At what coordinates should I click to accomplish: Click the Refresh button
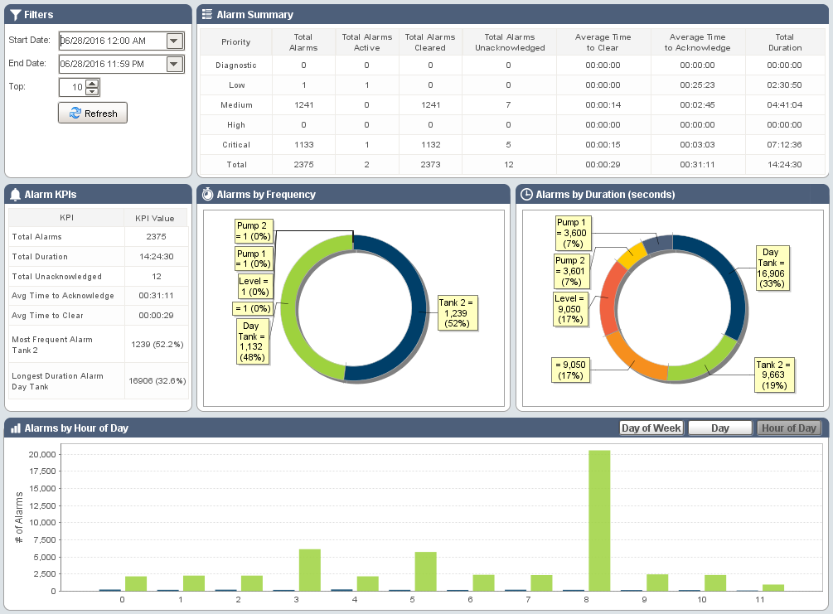point(93,114)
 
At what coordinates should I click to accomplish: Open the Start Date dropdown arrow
point(174,41)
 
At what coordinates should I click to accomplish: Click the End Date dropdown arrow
point(174,64)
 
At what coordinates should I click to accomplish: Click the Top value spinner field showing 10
point(72,87)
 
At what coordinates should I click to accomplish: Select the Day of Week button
point(651,428)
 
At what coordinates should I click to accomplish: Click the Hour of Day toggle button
point(789,428)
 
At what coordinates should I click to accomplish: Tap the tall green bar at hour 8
point(599,520)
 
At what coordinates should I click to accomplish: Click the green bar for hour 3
point(309,569)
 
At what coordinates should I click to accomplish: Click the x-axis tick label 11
point(762,599)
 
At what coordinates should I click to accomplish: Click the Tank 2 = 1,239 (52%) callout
point(458,313)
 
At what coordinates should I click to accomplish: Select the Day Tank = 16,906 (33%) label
point(771,268)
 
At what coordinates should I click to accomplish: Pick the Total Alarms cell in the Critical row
point(303,145)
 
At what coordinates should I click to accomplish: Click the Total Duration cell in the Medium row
point(784,105)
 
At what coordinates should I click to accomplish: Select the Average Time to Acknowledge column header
point(697,42)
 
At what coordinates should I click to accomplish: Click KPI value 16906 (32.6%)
point(157,381)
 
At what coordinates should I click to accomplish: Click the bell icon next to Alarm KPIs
point(15,195)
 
